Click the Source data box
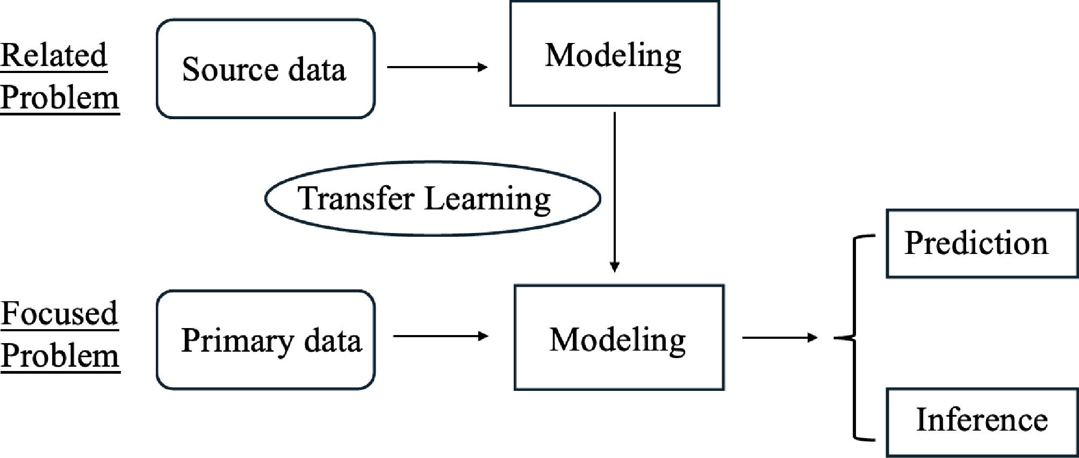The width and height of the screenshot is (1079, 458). click(x=265, y=69)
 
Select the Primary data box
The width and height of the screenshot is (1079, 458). click(x=265, y=340)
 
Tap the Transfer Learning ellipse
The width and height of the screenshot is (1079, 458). click(x=433, y=198)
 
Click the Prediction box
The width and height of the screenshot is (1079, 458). click(x=982, y=243)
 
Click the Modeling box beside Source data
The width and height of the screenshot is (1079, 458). click(x=614, y=54)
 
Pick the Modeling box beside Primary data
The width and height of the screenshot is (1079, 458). click(x=619, y=338)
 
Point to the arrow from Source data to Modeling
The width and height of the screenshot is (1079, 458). click(x=436, y=67)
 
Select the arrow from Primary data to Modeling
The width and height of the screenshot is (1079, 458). click(x=440, y=337)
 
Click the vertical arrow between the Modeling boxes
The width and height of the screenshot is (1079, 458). click(x=615, y=191)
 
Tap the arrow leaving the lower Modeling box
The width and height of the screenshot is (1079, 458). click(x=779, y=338)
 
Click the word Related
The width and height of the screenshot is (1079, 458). click(x=54, y=55)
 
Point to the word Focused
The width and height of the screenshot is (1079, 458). click(x=59, y=313)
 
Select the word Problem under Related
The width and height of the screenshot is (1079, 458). click(x=60, y=98)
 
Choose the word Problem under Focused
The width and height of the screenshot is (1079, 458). click(x=60, y=356)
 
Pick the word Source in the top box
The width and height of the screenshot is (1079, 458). click(x=230, y=69)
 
